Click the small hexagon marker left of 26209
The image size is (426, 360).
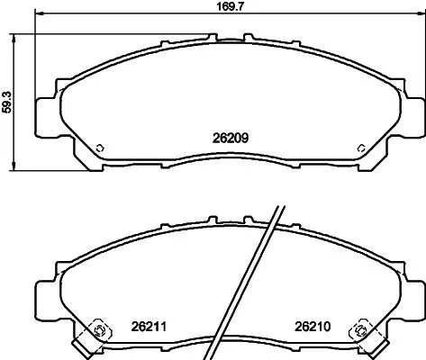click(x=100, y=148)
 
